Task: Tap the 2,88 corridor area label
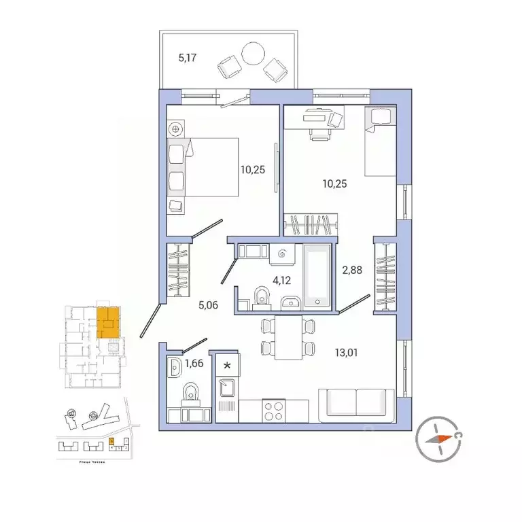352,270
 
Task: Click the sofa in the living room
357,402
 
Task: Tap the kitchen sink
227,388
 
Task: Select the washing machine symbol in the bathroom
283,254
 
